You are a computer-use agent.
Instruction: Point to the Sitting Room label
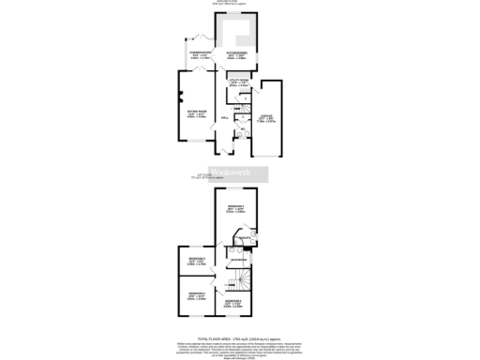tap(198, 114)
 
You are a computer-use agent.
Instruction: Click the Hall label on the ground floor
tap(224, 117)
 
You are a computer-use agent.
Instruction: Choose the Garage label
tap(267, 118)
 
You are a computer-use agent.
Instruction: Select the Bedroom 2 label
tap(197, 297)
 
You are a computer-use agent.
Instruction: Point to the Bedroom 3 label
tap(196, 261)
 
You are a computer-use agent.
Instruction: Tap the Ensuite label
tap(243, 238)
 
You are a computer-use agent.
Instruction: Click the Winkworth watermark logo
tap(240, 175)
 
